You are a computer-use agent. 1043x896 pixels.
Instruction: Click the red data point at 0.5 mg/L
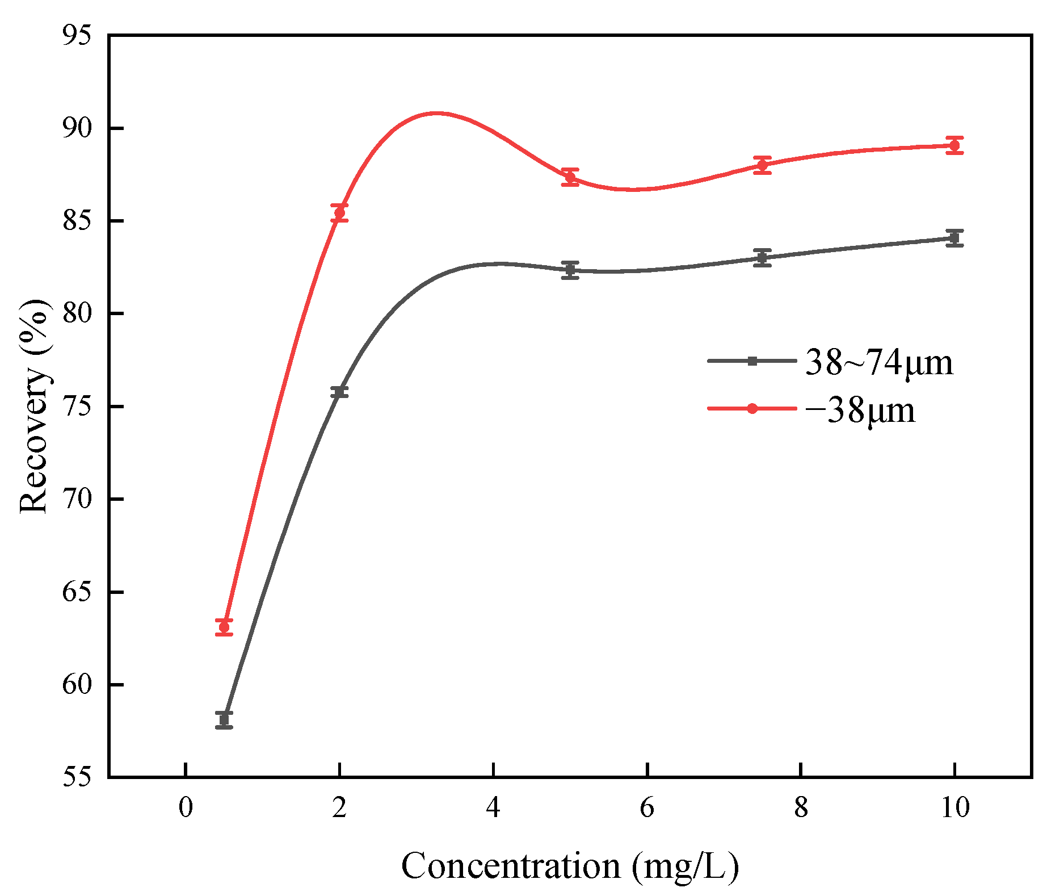(224, 627)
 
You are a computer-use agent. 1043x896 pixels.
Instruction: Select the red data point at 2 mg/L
(339, 213)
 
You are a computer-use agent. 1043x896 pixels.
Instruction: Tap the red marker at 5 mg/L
(570, 177)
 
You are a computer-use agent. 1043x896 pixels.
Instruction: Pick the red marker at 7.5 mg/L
(763, 165)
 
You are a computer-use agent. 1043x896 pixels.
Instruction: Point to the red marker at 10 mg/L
(954, 145)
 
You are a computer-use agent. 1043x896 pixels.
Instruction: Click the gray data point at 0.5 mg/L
(224, 719)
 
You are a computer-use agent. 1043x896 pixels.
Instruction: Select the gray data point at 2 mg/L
(339, 392)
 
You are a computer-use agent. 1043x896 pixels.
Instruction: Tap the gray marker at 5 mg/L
(570, 270)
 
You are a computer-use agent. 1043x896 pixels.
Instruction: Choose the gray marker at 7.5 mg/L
(763, 257)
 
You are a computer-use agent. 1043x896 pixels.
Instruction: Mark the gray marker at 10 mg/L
(954, 238)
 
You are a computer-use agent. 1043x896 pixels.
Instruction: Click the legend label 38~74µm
(878, 362)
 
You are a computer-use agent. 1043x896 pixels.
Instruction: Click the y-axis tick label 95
(77, 35)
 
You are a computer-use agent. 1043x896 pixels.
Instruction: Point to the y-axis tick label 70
(77, 499)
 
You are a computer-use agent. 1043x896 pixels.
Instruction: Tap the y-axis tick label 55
(77, 777)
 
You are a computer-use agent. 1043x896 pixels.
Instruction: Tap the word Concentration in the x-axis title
(511, 866)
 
